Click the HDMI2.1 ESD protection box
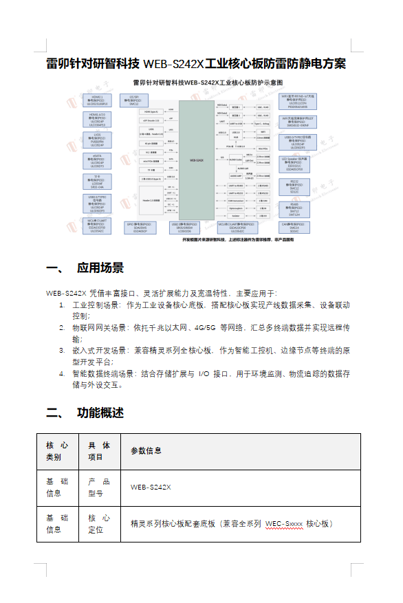tap(98, 101)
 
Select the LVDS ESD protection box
tap(98, 139)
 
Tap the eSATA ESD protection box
tap(98, 161)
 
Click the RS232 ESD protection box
tap(295, 186)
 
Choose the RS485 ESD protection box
tap(295, 208)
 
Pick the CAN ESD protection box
tap(295, 227)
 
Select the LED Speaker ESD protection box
tap(295, 164)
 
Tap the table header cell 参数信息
tap(147, 451)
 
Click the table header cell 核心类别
tap(58, 451)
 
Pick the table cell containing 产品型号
tap(99, 487)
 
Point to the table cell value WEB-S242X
tap(151, 487)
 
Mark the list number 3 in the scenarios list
tap(62, 351)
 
